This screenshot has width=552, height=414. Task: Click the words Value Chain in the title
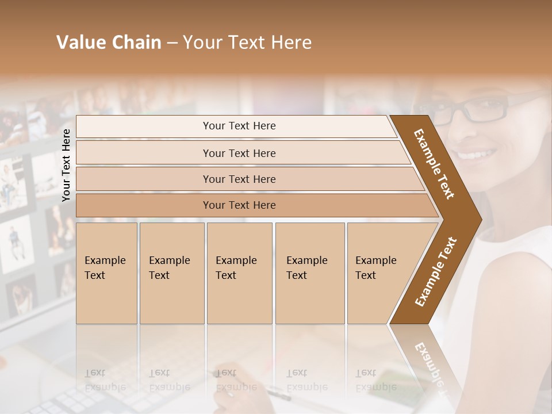(109, 43)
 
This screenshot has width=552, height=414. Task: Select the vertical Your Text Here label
(66, 165)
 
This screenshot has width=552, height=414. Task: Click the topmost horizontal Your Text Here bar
(239, 126)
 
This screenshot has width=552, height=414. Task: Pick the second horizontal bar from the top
(239, 153)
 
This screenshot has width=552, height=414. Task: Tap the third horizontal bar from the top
(239, 179)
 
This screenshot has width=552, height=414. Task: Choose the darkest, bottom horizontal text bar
(239, 205)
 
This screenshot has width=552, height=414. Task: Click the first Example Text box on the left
(106, 273)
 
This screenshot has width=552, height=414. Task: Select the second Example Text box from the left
(171, 273)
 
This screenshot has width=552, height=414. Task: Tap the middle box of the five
(239, 273)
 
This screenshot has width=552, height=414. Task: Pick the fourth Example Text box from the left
(309, 273)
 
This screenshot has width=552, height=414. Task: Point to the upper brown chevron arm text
(434, 164)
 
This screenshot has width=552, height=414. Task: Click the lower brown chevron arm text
(436, 271)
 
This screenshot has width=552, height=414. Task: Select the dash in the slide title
(172, 43)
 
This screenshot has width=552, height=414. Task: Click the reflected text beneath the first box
(105, 380)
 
